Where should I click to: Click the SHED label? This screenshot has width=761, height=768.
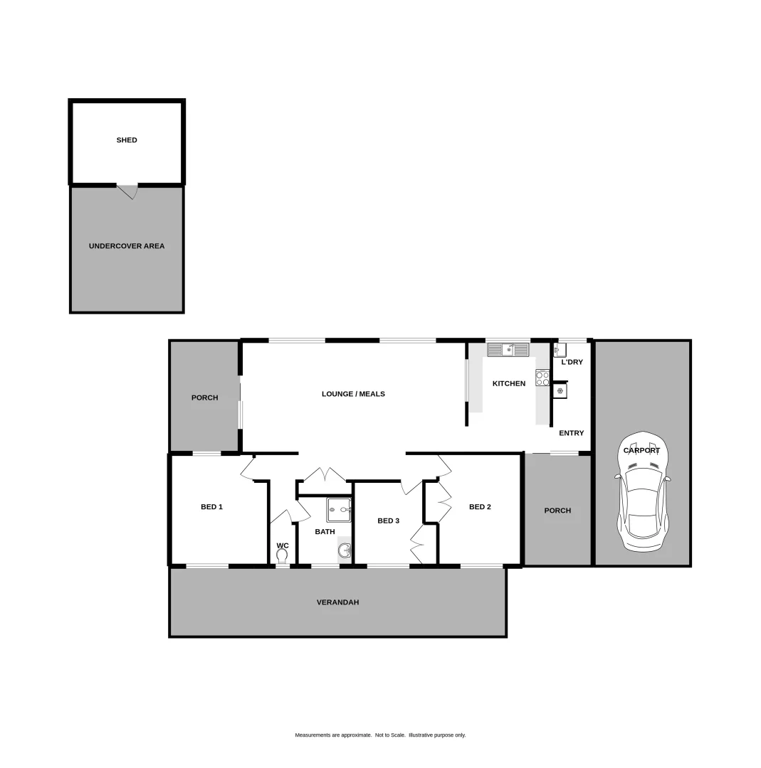click(127, 140)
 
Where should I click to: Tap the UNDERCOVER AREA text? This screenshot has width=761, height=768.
click(127, 246)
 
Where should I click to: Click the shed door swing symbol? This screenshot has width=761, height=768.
click(127, 191)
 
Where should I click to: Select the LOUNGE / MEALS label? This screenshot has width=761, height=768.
click(353, 394)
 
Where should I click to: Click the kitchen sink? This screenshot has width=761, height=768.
click(508, 349)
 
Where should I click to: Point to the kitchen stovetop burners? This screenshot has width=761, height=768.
click(542, 378)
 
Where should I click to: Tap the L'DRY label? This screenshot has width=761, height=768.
click(572, 362)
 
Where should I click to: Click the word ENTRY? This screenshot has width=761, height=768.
click(571, 433)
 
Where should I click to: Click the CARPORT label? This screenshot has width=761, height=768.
click(641, 450)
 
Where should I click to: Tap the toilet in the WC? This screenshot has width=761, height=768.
click(282, 555)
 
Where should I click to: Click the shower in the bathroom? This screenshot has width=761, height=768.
click(339, 510)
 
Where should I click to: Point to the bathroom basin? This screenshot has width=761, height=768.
click(344, 550)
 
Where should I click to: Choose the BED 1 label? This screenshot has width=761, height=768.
click(211, 507)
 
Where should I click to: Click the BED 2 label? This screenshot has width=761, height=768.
click(480, 507)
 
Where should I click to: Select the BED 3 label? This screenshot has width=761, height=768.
click(388, 521)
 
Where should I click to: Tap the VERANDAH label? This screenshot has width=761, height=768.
click(337, 602)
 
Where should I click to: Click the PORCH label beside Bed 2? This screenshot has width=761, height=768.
click(557, 511)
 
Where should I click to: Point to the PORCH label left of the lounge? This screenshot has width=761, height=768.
click(204, 398)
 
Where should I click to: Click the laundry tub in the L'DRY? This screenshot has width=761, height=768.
click(559, 349)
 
